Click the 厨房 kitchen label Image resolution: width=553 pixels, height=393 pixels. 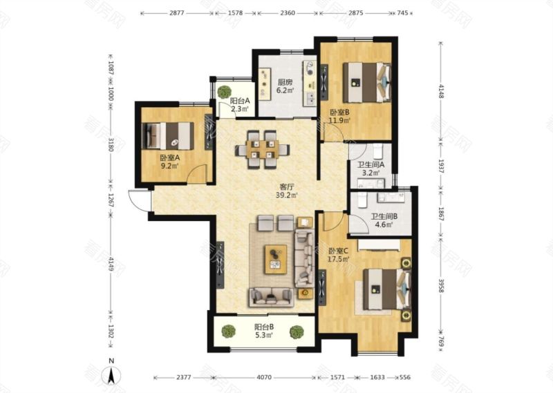(285, 82)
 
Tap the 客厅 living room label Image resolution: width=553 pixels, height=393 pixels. (287, 186)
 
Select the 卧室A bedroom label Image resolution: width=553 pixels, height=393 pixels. (169, 158)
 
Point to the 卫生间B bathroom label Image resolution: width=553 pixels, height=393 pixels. (384, 216)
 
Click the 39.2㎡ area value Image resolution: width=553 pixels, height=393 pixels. (287, 195)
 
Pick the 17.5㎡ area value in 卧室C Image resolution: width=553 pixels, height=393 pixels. (339, 259)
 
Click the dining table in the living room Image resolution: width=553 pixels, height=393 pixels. (263, 149)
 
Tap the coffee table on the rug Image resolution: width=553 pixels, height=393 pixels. (275, 260)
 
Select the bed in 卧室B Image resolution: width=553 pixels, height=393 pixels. (367, 82)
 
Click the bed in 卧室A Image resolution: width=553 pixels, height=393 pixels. (167, 136)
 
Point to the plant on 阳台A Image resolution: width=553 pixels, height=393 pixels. (224, 92)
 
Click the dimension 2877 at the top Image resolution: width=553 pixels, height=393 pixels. (177, 13)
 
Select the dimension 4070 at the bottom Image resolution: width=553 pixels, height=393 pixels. (264, 378)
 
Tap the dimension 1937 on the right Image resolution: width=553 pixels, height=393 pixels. (441, 166)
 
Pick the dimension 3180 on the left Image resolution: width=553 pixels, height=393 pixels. (111, 144)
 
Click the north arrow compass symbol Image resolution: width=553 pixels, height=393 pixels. (111, 375)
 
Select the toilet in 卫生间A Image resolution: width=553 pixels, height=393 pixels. (377, 151)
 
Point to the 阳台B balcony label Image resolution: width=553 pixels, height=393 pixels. (264, 327)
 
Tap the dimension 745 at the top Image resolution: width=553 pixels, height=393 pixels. (402, 13)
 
